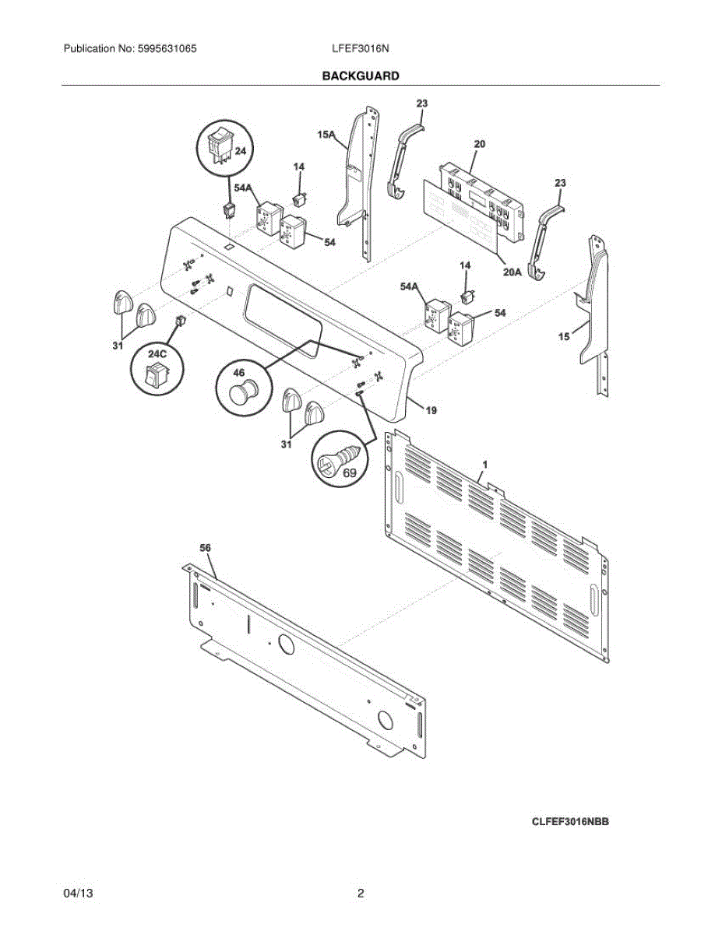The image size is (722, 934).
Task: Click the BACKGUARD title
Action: click(x=361, y=76)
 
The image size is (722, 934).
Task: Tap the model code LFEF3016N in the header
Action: click(x=361, y=48)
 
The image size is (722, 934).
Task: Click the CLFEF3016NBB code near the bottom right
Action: click(x=570, y=821)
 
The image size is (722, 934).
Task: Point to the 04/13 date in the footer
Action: click(x=78, y=894)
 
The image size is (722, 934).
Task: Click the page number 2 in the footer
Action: click(x=361, y=894)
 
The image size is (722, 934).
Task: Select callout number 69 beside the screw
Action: click(x=350, y=472)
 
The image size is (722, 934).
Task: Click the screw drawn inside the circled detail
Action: click(x=337, y=458)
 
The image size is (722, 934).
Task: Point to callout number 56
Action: click(x=206, y=548)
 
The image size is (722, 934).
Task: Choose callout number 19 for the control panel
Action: click(x=431, y=409)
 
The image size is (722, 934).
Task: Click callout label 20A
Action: click(x=511, y=272)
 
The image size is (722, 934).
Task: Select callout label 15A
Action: click(x=326, y=135)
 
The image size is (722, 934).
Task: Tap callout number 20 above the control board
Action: click(x=480, y=144)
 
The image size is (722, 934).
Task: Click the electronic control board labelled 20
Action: click(x=481, y=195)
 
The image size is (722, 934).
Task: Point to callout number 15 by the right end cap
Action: click(x=564, y=336)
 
